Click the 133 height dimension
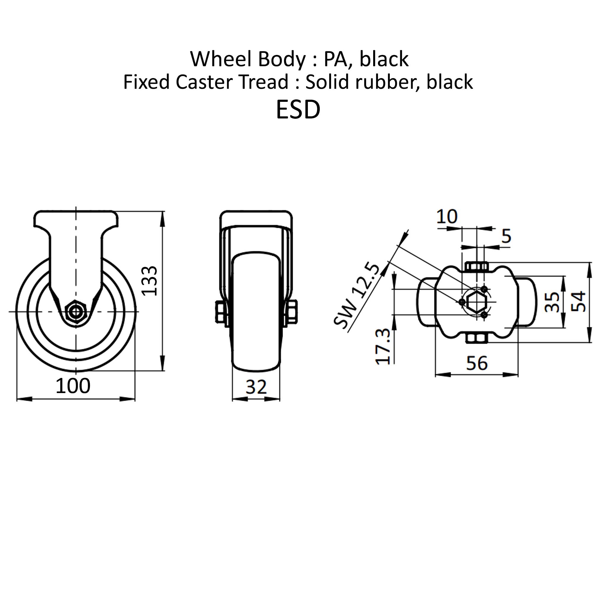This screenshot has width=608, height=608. [x=149, y=281]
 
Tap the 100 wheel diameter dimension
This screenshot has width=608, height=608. [x=73, y=386]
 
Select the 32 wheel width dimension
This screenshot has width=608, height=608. [x=256, y=387]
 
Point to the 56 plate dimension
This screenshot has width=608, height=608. [x=477, y=363]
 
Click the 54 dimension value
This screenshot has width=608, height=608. [x=578, y=302]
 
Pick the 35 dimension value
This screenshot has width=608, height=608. [x=552, y=302]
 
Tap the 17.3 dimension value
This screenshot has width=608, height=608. [x=383, y=346]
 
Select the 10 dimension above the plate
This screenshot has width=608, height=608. [x=447, y=216]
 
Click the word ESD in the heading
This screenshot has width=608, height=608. [x=298, y=110]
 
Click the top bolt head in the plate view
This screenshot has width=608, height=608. [x=476, y=267]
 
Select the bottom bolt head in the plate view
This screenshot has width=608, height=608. [x=476, y=339]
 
